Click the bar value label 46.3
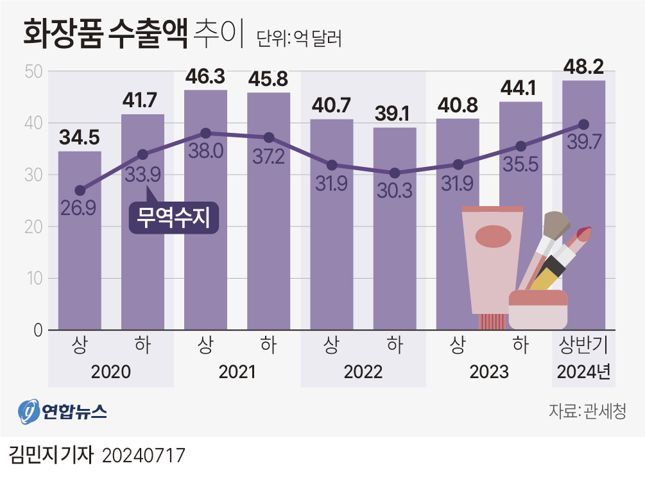pos(205,78)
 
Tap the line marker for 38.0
pos(205,133)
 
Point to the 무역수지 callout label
pos(174,218)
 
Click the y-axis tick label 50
pos(33,71)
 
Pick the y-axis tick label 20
pos(33,227)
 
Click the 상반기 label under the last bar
pos(583,345)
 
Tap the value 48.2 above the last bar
pos(583,66)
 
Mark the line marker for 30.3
pos(395,173)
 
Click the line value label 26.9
pos(80,208)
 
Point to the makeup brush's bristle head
pos(556,224)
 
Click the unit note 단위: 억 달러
pos(298,39)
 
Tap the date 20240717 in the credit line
pos(144,456)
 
